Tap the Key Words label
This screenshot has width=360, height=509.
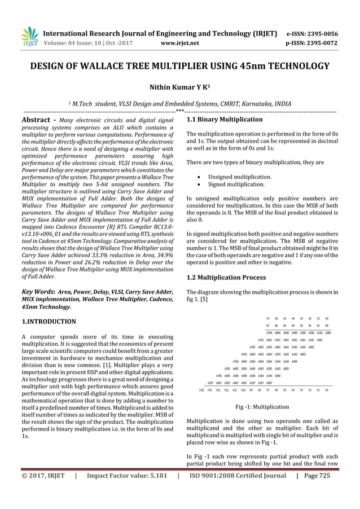pos(38,289)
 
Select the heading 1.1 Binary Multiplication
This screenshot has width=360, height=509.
pos(224,120)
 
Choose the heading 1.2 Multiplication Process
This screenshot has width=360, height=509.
pos(226,278)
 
